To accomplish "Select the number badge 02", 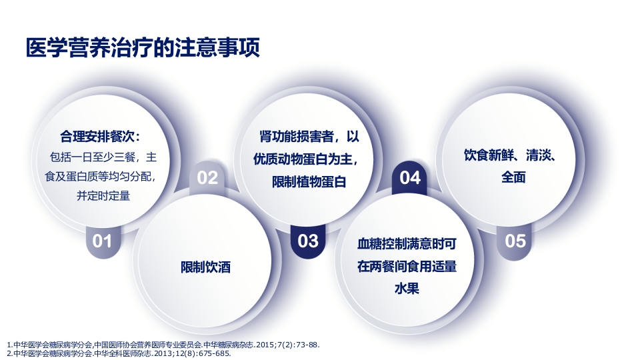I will pos(207,177).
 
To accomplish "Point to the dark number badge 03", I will pos(308,241).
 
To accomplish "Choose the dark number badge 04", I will pos(410,177).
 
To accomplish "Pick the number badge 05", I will pos(515,241).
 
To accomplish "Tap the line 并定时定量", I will pos(103,196).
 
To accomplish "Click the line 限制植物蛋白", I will pos(309,182).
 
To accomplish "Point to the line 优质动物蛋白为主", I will pos(309,160).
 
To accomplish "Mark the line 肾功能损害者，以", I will pos(309,138).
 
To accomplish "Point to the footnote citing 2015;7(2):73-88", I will pos(163,345).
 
